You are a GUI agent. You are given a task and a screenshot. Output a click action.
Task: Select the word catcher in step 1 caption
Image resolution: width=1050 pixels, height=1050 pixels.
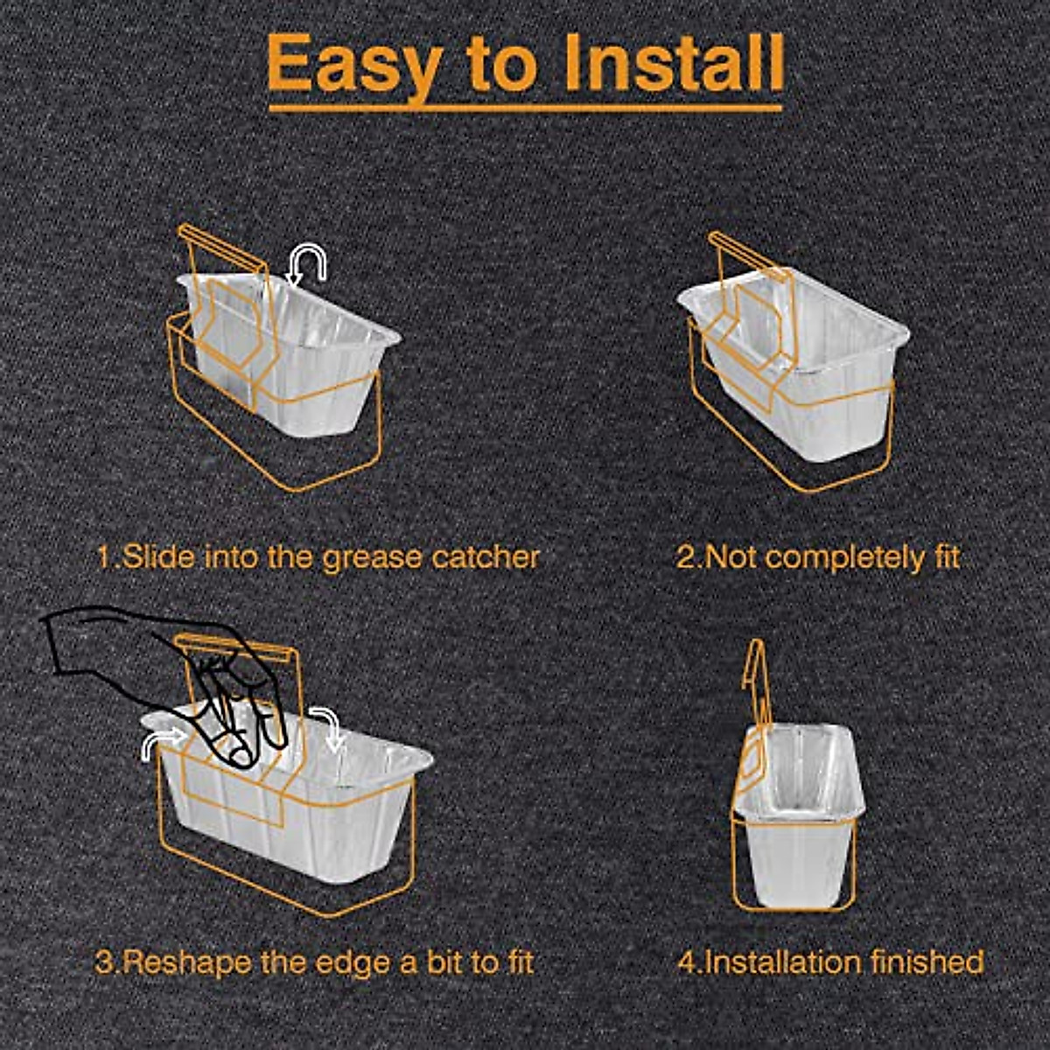click(486, 556)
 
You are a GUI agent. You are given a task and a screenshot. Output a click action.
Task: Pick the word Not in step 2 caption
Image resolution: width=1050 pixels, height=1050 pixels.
click(728, 556)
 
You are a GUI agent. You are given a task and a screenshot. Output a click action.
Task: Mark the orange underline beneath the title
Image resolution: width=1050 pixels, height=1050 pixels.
click(525, 109)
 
